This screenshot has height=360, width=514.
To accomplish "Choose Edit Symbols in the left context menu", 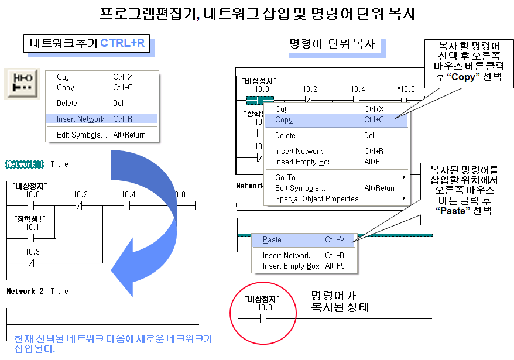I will (82, 135).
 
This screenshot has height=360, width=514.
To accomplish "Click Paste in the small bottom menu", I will (272, 240).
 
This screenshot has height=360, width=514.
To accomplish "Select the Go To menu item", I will (285, 177).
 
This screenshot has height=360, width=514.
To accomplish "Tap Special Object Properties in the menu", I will (317, 198).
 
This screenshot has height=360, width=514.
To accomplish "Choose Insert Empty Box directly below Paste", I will (291, 266).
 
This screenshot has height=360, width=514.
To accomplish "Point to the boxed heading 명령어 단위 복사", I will (331, 44).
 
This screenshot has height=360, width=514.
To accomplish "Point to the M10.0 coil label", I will (405, 89).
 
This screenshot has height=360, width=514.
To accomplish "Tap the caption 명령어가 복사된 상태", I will (340, 301).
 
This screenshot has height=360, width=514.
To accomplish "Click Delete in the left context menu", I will (67, 103).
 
